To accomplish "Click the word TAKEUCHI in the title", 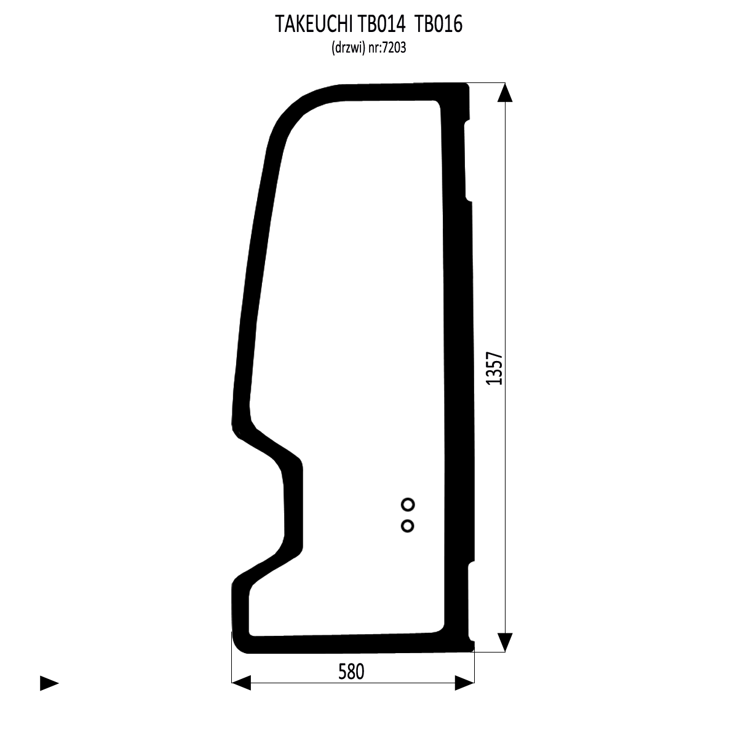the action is (314, 25).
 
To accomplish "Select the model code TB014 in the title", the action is (382, 25).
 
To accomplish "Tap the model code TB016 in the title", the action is (439, 25).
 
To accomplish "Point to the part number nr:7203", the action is (387, 48).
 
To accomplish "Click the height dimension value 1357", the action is (494, 368).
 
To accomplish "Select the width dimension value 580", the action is (351, 672).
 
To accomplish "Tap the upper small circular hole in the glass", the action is (408, 505).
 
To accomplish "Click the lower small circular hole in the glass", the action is (408, 526).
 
